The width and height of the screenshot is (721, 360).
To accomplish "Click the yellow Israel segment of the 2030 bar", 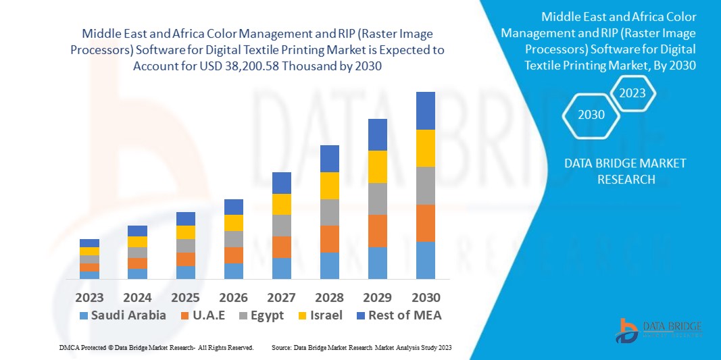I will [426, 148].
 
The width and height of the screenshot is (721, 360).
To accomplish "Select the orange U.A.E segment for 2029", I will [378, 231].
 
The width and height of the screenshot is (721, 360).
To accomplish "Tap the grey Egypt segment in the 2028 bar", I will [329, 212].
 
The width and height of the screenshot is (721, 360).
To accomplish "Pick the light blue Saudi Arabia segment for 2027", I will [282, 268].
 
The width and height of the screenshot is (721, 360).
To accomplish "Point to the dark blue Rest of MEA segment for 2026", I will [234, 207].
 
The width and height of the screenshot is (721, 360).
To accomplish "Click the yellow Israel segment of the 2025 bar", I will [186, 232].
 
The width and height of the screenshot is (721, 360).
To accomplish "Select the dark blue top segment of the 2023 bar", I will [89, 243].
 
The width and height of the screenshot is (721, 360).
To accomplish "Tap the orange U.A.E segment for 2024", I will [137, 263].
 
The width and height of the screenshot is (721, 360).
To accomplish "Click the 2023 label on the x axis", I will [89, 298].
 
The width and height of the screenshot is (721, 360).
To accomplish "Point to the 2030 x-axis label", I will [426, 298].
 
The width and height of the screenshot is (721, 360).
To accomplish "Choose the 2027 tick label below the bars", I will [282, 298].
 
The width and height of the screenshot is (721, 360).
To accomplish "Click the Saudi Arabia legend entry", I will [122, 315].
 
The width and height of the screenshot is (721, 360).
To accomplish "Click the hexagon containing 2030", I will [591, 115].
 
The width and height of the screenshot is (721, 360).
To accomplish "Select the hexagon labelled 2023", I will [632, 93].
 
